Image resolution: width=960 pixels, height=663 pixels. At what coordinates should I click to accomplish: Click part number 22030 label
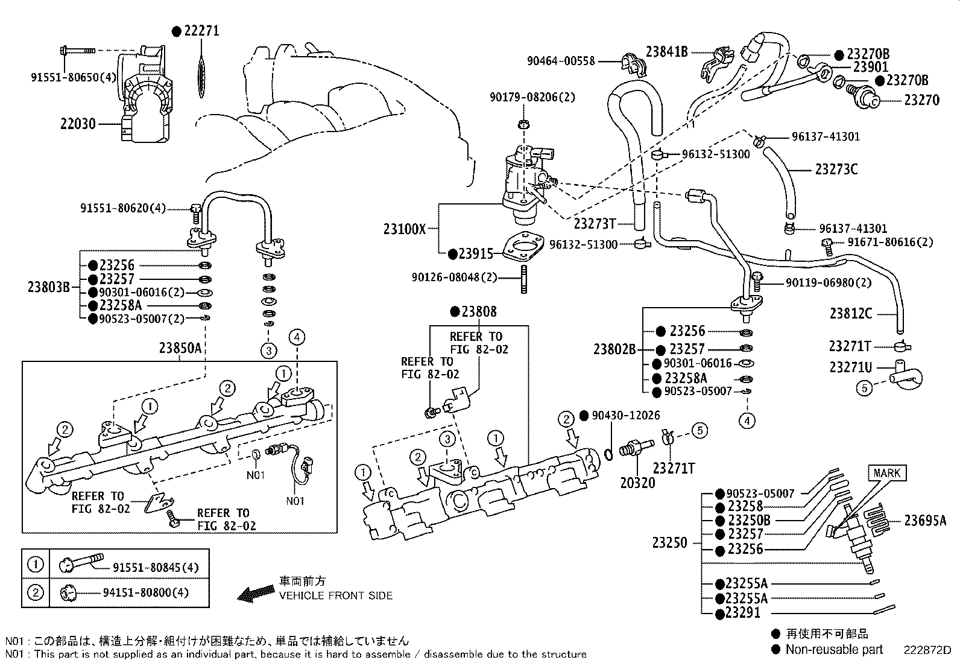78,124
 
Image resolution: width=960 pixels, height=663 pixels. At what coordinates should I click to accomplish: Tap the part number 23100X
404,229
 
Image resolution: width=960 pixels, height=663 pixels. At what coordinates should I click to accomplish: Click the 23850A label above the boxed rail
180,348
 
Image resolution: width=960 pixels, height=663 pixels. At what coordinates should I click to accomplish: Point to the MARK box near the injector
886,473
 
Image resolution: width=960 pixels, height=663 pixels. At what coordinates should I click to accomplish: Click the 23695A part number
924,521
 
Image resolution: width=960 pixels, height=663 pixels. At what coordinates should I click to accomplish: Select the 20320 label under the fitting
637,483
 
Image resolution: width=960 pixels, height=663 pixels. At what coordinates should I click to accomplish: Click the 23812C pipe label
850,313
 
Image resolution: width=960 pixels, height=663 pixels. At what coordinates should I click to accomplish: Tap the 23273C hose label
836,170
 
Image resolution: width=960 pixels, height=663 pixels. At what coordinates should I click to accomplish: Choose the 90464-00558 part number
561,61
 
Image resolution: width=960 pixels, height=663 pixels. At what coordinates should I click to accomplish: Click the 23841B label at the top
666,52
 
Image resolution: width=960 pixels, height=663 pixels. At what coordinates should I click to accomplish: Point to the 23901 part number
871,68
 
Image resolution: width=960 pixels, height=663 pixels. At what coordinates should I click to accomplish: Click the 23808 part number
479,312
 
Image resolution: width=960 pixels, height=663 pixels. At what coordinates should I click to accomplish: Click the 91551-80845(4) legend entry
156,567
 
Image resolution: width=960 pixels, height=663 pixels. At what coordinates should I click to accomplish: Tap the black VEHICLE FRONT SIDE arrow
256,594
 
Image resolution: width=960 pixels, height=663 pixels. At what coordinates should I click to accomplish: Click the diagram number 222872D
926,650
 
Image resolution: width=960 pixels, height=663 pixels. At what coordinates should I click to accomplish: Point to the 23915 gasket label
475,254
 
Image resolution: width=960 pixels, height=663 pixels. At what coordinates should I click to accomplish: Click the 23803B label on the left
48,287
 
